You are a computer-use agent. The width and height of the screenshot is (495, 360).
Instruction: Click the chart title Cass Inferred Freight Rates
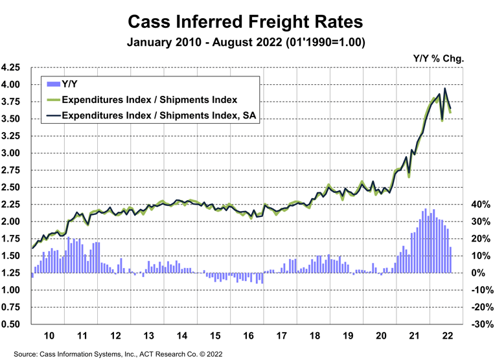[x=247, y=21]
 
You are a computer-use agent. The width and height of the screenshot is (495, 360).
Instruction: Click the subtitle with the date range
[x=247, y=43]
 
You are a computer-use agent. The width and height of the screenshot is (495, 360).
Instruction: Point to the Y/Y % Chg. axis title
[x=439, y=58]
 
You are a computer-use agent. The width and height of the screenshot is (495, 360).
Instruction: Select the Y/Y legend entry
[x=69, y=82]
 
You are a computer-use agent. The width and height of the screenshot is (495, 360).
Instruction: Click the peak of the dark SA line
[x=444, y=89]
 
